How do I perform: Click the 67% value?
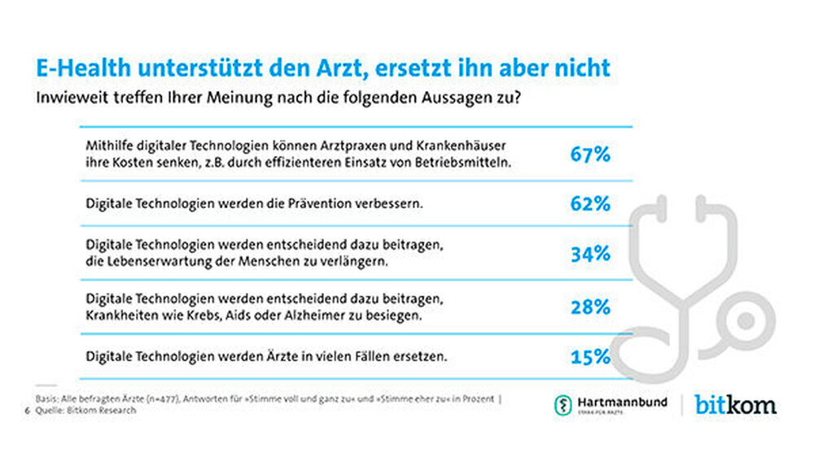[590, 153]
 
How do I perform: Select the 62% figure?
[590, 203]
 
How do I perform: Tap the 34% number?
[590, 254]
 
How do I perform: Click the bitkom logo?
[735, 404]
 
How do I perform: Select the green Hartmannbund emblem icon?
[562, 404]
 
